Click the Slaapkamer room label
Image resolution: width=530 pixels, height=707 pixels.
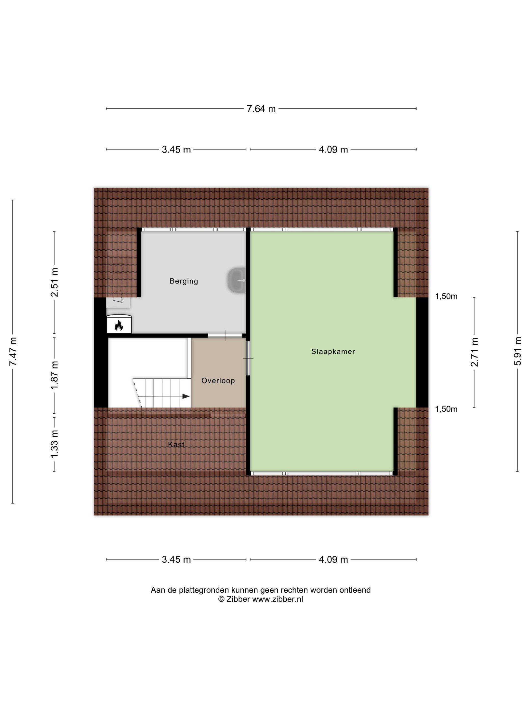tap(333, 352)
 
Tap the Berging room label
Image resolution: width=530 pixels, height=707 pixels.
tap(184, 281)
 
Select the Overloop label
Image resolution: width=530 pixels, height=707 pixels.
tap(218, 381)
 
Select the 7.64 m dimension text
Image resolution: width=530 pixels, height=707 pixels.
tap(261, 109)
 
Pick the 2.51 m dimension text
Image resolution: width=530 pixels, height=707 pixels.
tap(54, 282)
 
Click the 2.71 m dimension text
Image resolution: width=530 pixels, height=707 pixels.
tap(474, 352)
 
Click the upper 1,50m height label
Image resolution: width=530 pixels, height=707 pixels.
tap(446, 296)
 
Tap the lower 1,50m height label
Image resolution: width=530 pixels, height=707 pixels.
tap(446, 409)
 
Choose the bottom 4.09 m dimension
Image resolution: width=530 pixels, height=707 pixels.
tap(333, 559)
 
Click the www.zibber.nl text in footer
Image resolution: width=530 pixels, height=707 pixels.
tap(278, 599)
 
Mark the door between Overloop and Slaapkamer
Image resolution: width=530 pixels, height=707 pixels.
tap(248, 358)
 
